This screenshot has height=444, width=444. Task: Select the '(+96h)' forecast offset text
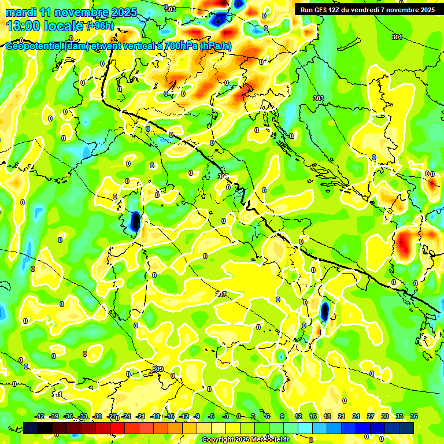tap(101, 26)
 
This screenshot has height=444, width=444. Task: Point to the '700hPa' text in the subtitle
tap(179, 47)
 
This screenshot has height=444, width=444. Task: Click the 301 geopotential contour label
tap(397, 37)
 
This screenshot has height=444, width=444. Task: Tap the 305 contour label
tap(223, 176)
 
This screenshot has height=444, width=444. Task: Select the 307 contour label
tap(220, 294)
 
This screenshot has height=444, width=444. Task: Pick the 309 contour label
tap(158, 369)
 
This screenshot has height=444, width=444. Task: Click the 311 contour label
tap(57, 395)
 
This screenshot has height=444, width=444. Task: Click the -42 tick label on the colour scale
tap(40, 416)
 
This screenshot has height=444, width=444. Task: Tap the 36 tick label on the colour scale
tap(414, 416)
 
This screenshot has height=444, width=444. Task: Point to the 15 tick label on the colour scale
tap(313, 416)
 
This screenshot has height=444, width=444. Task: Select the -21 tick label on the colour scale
tap(140, 416)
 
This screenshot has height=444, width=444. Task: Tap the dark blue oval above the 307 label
tap(135, 221)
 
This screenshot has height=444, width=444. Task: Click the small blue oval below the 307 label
tap(324, 311)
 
